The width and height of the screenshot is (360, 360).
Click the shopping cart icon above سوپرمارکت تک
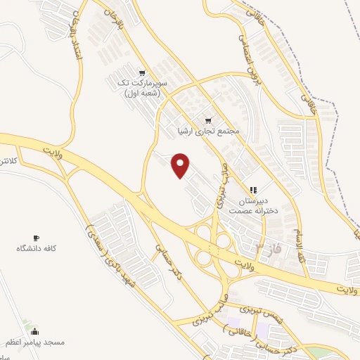pyautogui.click(x=142, y=73)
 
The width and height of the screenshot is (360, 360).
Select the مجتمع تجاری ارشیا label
pyautogui.click(x=210, y=131)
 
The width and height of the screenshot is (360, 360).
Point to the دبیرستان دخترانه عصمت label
pyautogui.click(x=272, y=204)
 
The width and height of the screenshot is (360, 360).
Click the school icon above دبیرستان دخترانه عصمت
pyautogui.click(x=253, y=190)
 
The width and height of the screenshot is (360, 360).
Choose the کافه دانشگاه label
pyautogui.click(x=37, y=249)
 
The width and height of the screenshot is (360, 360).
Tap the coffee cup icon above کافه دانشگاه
pyautogui.click(x=37, y=238)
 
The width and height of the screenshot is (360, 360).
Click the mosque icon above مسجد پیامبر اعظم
pyautogui.click(x=35, y=331)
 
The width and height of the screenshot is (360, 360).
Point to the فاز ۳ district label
pyautogui.click(x=262, y=248)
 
